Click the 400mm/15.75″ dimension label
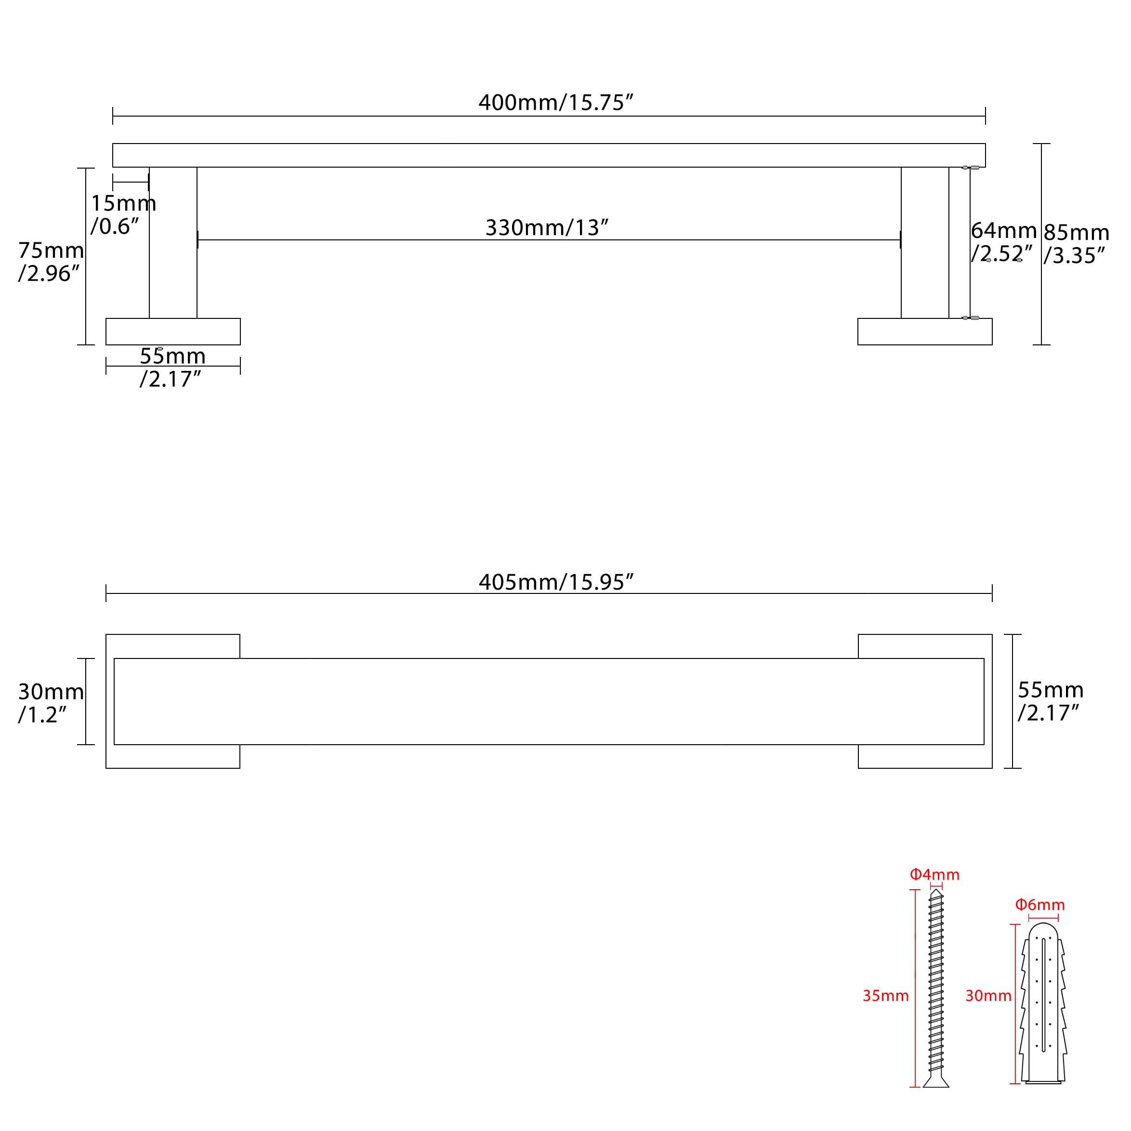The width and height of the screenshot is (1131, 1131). coord(555,103)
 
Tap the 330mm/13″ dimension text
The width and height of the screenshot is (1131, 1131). coord(547,227)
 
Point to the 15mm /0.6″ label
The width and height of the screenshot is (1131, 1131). coord(123,215)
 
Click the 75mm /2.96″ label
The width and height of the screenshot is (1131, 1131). coord(51,262)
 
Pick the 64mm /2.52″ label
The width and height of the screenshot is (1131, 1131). coord(1003,242)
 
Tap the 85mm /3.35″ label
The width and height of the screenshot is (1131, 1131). coord(1076,244)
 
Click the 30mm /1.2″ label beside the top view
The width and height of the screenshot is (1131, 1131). coord(51,703)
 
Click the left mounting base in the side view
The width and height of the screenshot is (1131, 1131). coord(173,331)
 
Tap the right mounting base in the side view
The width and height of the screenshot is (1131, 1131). coord(925,331)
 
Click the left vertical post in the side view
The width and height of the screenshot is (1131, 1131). coord(173,243)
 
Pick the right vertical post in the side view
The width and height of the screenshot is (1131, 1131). coord(925,243)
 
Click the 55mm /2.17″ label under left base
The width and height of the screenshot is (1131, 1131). coord(172,368)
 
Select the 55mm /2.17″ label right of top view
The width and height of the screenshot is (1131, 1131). coord(1050,701)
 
